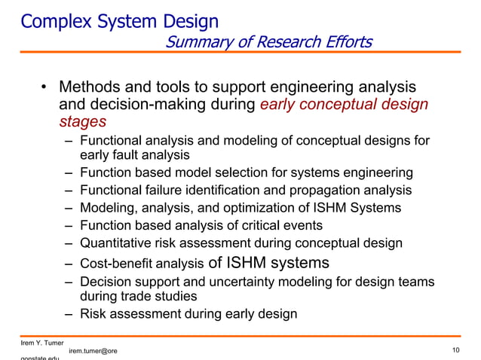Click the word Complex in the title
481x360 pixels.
click(x=50, y=21)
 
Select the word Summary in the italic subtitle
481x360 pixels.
click(x=193, y=41)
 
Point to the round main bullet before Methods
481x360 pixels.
click(x=44, y=88)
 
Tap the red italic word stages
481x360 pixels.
click(x=82, y=121)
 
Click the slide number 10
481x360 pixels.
click(x=456, y=350)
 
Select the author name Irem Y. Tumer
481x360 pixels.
click(x=42, y=343)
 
